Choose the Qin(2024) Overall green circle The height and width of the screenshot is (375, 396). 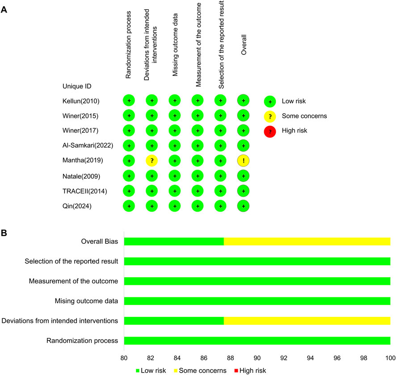(243, 207)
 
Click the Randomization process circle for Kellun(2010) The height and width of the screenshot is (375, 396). (129, 101)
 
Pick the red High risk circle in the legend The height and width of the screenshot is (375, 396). (270, 132)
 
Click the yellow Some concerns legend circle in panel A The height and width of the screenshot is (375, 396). (270, 117)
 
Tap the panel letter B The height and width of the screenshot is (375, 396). (4, 232)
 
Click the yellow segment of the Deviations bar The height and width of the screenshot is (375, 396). (307, 321)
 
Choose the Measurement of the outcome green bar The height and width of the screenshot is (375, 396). (257, 281)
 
